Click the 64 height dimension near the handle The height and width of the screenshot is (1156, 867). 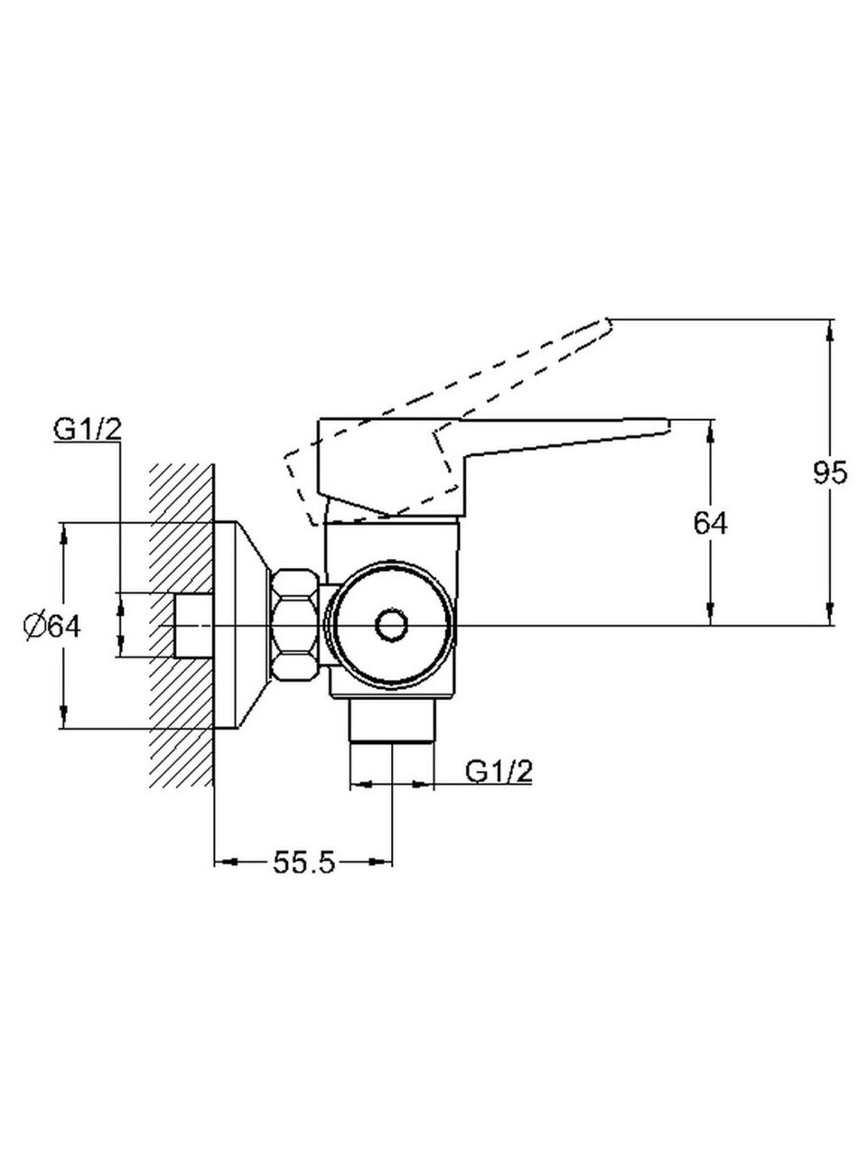pyautogui.click(x=711, y=522)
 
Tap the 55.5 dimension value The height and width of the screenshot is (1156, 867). pyautogui.click(x=303, y=863)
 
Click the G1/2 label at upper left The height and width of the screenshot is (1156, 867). pyautogui.click(x=88, y=431)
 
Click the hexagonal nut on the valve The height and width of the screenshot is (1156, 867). pyautogui.click(x=295, y=625)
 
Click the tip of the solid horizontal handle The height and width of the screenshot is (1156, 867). pyautogui.click(x=667, y=422)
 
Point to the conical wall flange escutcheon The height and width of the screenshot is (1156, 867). pyautogui.click(x=242, y=625)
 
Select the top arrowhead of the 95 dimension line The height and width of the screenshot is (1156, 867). pyautogui.click(x=829, y=327)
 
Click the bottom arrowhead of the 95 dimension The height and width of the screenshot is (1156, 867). pyautogui.click(x=829, y=617)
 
